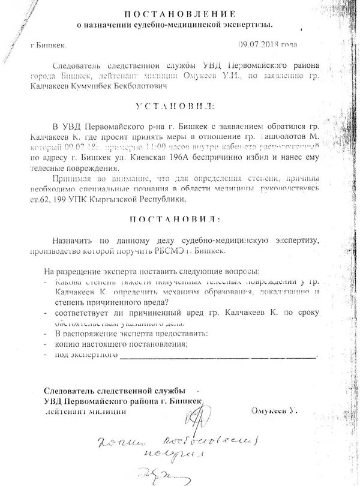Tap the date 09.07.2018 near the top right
click(259, 44)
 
